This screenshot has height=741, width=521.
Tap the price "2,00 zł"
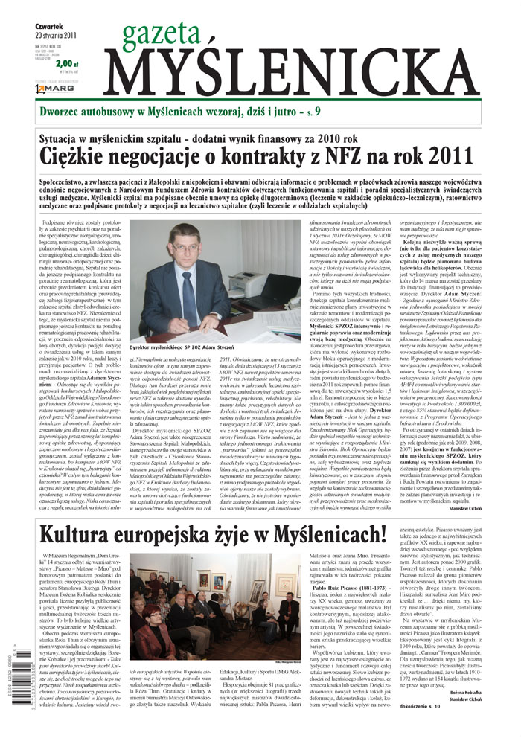pyautogui.click(x=65, y=64)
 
